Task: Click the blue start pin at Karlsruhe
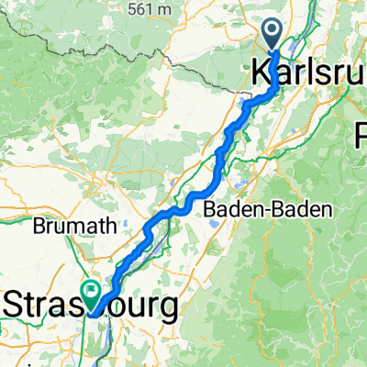[x=275, y=35]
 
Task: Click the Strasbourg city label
[x=92, y=306]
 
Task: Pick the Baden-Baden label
[x=266, y=209]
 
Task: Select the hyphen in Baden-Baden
[x=265, y=210]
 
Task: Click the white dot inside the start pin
[x=275, y=30]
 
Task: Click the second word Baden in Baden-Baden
[x=300, y=209]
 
